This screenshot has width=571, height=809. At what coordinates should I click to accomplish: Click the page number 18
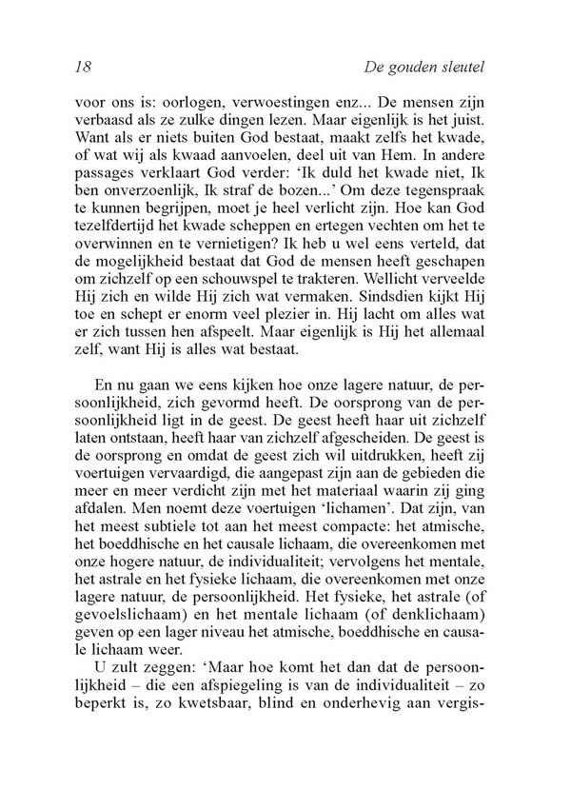pos(81,68)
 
